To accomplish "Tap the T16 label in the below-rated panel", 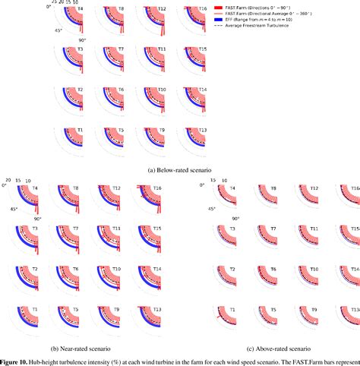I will pos(201,8).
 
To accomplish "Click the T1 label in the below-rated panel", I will pos(81,130).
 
